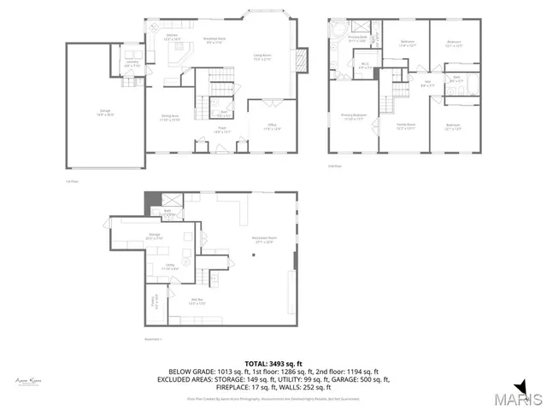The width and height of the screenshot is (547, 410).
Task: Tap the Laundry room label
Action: click(132, 64)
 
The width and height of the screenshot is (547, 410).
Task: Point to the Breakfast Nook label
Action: click(214, 38)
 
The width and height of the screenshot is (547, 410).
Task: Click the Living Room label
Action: click(262, 57)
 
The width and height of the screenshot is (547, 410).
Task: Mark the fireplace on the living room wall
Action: click(300, 60)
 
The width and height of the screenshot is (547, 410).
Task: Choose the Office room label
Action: click(272, 126)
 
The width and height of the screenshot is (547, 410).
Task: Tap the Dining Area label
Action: click(170, 117)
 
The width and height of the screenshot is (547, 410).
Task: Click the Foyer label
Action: click(221, 130)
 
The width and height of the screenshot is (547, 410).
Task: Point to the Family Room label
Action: click(405, 126)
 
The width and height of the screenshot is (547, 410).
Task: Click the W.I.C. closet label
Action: click(364, 65)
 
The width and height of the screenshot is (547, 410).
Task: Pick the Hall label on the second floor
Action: click(428, 84)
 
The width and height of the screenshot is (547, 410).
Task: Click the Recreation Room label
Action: click(252, 241)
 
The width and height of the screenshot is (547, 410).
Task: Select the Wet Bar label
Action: click(197, 300)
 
